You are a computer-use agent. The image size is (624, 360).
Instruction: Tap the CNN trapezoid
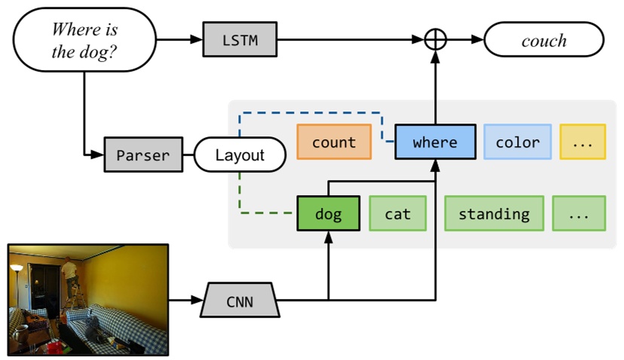click(x=240, y=303)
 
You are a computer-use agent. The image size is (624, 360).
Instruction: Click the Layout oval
click(x=240, y=156)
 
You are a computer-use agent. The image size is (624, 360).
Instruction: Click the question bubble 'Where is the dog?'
click(x=84, y=40)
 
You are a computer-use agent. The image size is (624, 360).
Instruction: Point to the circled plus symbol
click(x=436, y=40)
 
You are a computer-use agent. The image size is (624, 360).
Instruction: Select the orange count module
click(x=334, y=142)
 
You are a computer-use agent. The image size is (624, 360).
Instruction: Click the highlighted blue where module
click(x=435, y=142)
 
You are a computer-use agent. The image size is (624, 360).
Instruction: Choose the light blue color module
click(x=517, y=142)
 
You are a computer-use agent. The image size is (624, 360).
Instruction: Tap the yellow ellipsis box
click(x=583, y=142)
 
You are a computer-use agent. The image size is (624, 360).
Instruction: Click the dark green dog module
click(x=328, y=214)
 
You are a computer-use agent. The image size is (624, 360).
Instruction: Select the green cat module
click(x=398, y=214)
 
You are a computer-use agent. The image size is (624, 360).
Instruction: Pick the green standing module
click(x=494, y=214)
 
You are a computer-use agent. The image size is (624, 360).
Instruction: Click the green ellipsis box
click(x=579, y=214)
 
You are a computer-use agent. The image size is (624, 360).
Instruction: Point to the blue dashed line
click(x=309, y=114)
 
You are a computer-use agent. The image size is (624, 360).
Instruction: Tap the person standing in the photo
click(x=70, y=275)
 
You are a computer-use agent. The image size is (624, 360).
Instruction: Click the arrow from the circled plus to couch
click(x=463, y=40)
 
